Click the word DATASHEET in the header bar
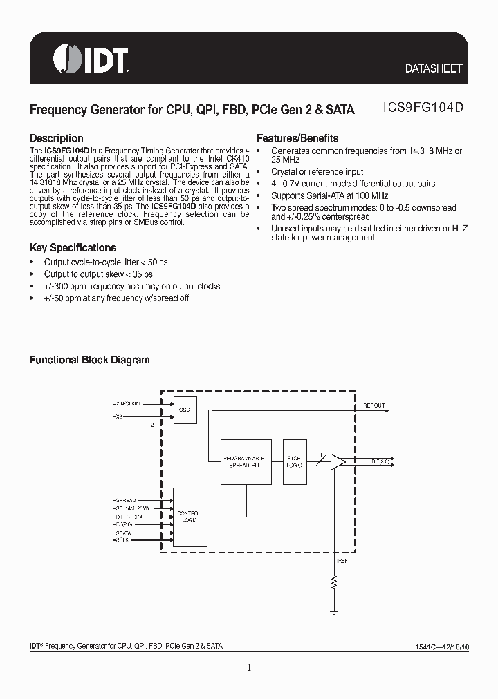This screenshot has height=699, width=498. click(x=433, y=69)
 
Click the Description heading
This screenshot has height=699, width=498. click(x=56, y=138)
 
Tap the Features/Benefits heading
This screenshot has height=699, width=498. click(x=297, y=137)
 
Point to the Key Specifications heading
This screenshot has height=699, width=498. click(x=73, y=247)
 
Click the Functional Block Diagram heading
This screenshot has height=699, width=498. click(x=89, y=360)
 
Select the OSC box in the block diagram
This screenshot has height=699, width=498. click(x=185, y=409)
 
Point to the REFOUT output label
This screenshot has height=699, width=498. click(x=374, y=406)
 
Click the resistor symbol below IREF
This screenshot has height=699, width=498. click(x=335, y=585)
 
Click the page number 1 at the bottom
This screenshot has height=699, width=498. click(x=249, y=667)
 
